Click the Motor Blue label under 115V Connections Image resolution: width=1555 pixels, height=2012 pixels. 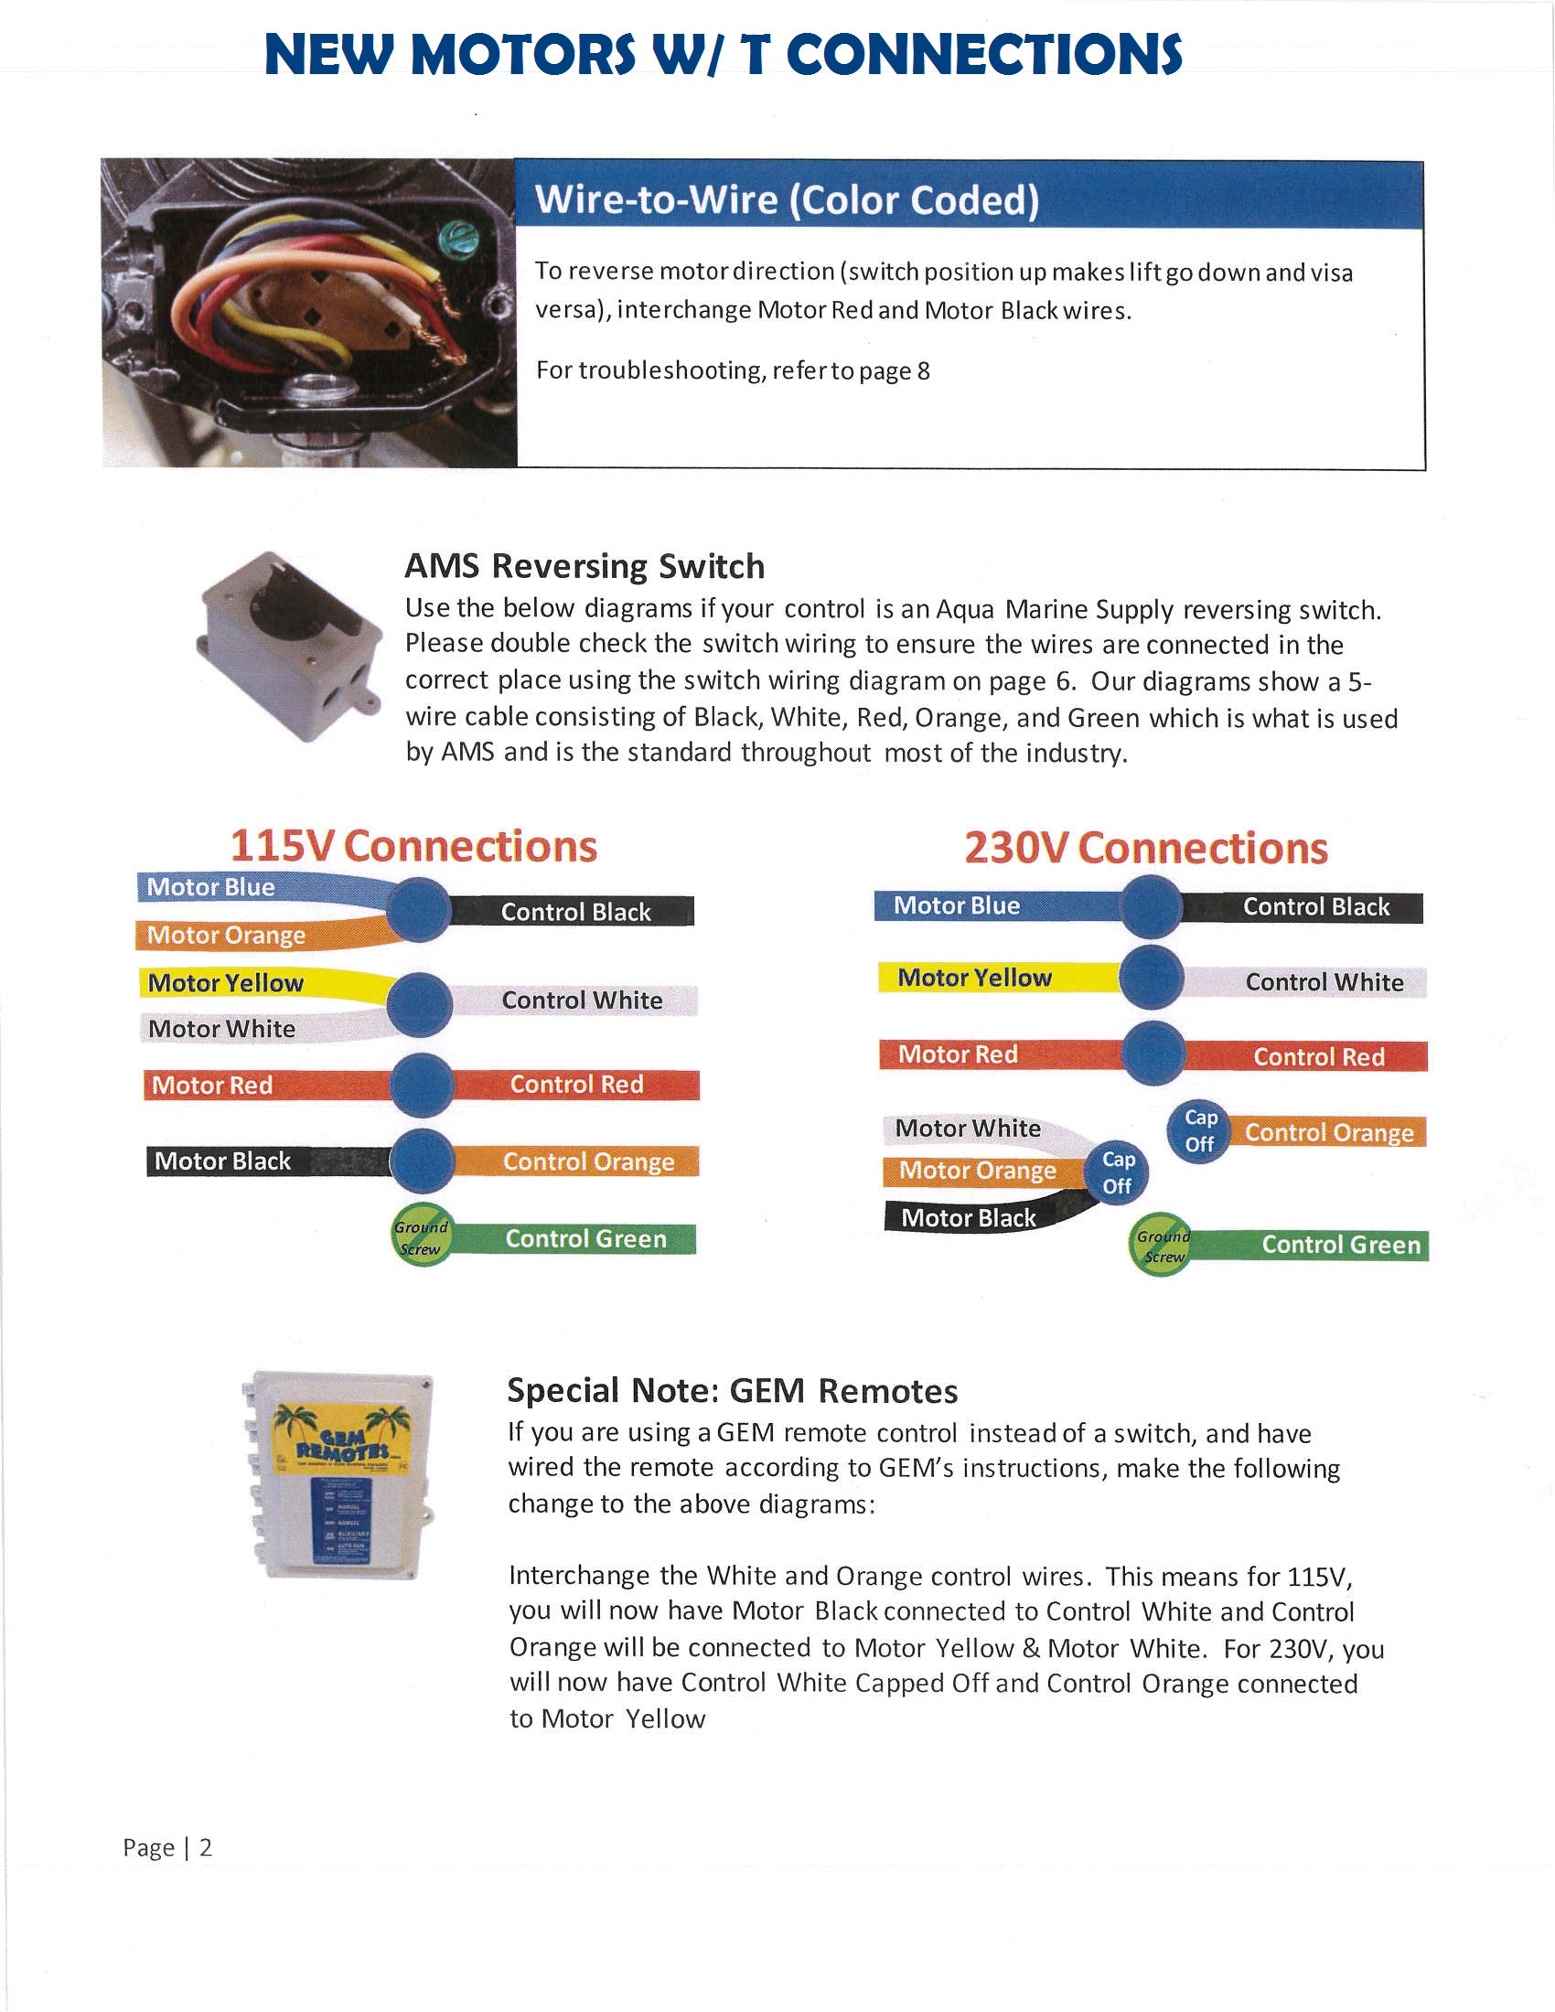pyautogui.click(x=211, y=887)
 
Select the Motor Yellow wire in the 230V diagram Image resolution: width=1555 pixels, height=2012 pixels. pyautogui.click(x=975, y=978)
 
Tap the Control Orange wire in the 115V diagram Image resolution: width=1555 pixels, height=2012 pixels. pyautogui.click(x=588, y=1161)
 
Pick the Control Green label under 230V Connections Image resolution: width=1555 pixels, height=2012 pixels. pyautogui.click(x=1340, y=1245)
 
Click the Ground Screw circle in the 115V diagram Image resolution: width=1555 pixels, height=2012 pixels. pyautogui.click(x=422, y=1237)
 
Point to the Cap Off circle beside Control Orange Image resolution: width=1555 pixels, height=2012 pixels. pyautogui.click(x=1200, y=1131)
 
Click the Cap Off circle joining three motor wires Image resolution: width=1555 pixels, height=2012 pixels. pyautogui.click(x=1118, y=1172)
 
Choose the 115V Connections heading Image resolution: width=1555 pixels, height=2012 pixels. pyautogui.click(x=413, y=846)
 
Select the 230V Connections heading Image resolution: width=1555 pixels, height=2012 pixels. pyautogui.click(x=1146, y=848)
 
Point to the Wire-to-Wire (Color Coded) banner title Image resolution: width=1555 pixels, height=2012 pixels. pyautogui.click(x=787, y=200)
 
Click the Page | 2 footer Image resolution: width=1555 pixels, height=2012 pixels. pyautogui.click(x=167, y=1847)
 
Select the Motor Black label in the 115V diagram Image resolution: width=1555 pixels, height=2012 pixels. pyautogui.click(x=223, y=1161)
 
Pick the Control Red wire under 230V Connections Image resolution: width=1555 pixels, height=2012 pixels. pyautogui.click(x=1318, y=1056)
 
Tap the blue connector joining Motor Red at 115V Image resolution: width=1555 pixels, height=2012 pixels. pyautogui.click(x=422, y=1085)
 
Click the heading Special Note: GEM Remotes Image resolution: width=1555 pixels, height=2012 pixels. pyautogui.click(x=733, y=1390)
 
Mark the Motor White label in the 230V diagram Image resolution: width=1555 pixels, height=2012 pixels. pyautogui.click(x=968, y=1129)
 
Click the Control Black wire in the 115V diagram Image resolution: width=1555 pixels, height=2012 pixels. pyautogui.click(x=575, y=912)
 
